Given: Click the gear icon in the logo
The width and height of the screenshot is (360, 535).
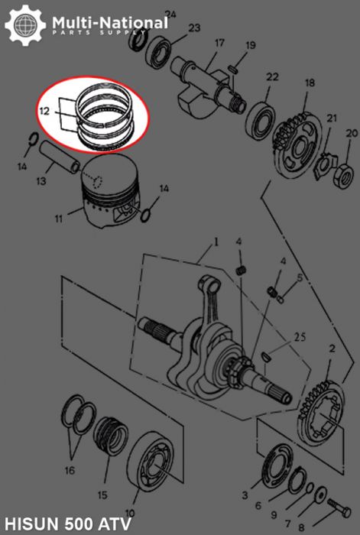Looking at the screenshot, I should (23, 25).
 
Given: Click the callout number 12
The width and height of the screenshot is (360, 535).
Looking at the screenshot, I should (45, 112).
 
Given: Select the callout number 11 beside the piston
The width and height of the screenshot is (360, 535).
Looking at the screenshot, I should (58, 219).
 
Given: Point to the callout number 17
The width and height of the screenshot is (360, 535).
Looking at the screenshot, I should (219, 43).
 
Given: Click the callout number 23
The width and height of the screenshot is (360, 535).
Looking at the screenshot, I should (194, 28).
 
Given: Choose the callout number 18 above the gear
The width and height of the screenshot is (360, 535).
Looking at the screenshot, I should (310, 83).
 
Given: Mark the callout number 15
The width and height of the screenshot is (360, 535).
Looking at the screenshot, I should (103, 483).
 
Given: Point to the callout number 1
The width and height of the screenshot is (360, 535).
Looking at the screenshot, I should (216, 242).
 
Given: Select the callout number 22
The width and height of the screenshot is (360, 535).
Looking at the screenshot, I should (272, 76).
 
